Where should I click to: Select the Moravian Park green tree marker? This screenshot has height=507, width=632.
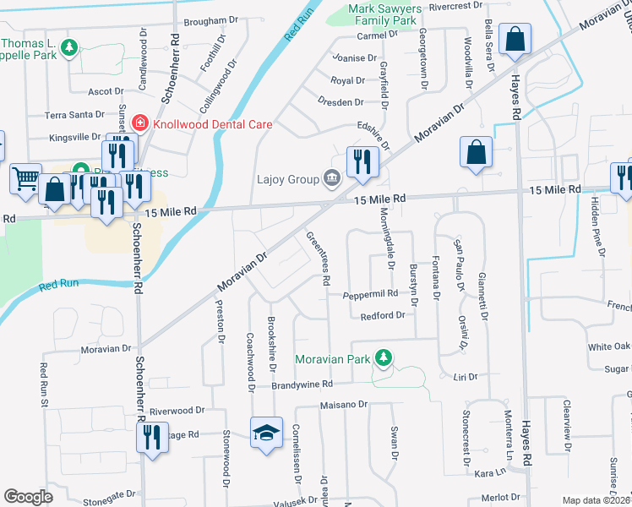384,358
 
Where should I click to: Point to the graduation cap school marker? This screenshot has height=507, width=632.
266,433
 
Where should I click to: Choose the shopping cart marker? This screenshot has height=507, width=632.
25,177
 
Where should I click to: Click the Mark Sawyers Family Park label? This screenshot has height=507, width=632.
383,14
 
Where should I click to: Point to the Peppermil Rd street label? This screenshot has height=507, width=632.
369,295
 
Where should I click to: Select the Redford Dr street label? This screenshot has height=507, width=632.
384,315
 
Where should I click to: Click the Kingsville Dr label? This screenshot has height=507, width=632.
74,137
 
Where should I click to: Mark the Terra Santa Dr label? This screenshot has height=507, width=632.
74,114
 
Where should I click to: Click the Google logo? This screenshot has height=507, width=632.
28,497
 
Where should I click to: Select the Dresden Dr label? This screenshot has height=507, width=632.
341,102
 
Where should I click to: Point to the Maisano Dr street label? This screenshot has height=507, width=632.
344,405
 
